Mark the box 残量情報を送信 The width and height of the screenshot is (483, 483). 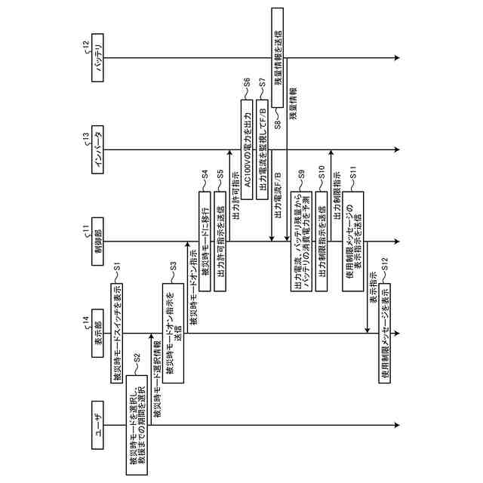coord(278,59)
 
